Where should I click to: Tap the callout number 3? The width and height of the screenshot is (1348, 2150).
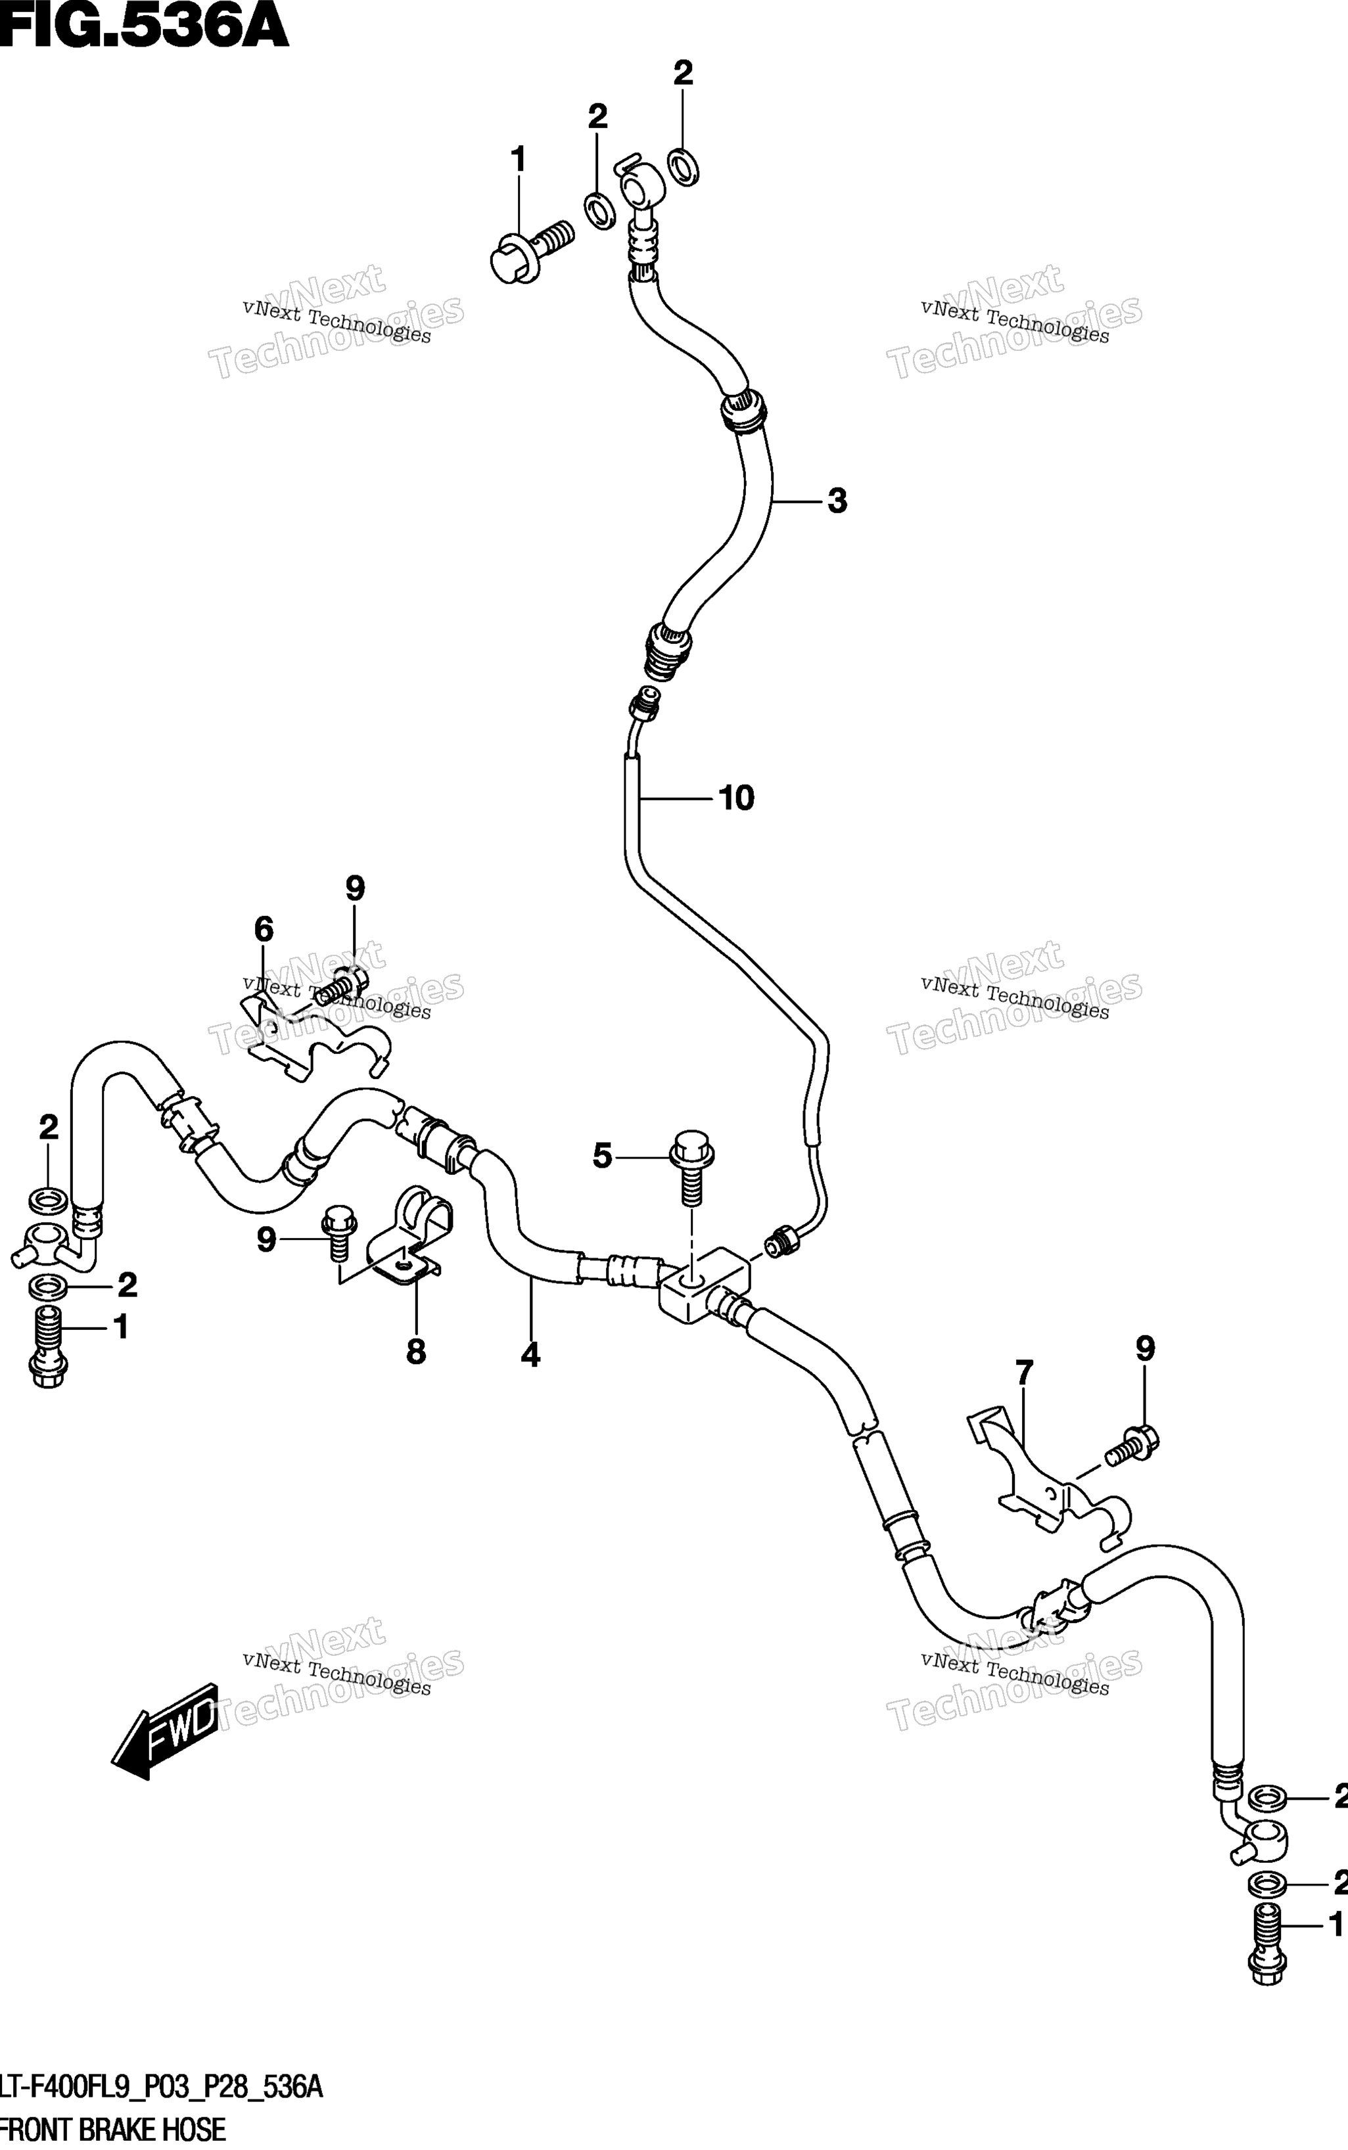coord(836,501)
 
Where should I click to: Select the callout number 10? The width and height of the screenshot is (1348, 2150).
coord(736,798)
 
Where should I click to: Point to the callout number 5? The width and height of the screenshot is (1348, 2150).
coord(603,1157)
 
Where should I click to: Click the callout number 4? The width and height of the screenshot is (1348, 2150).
coord(530,1356)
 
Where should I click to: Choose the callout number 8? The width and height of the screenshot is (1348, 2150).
coord(416,1352)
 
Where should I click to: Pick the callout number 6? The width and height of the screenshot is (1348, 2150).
coord(264,930)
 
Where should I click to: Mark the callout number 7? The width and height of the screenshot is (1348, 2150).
coord(1025,1373)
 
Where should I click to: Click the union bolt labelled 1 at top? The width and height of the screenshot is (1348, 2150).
coord(530,252)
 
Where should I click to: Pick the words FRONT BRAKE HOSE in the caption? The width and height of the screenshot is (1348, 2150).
coord(113,2130)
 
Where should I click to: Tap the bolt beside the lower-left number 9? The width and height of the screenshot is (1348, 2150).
coord(338,1232)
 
